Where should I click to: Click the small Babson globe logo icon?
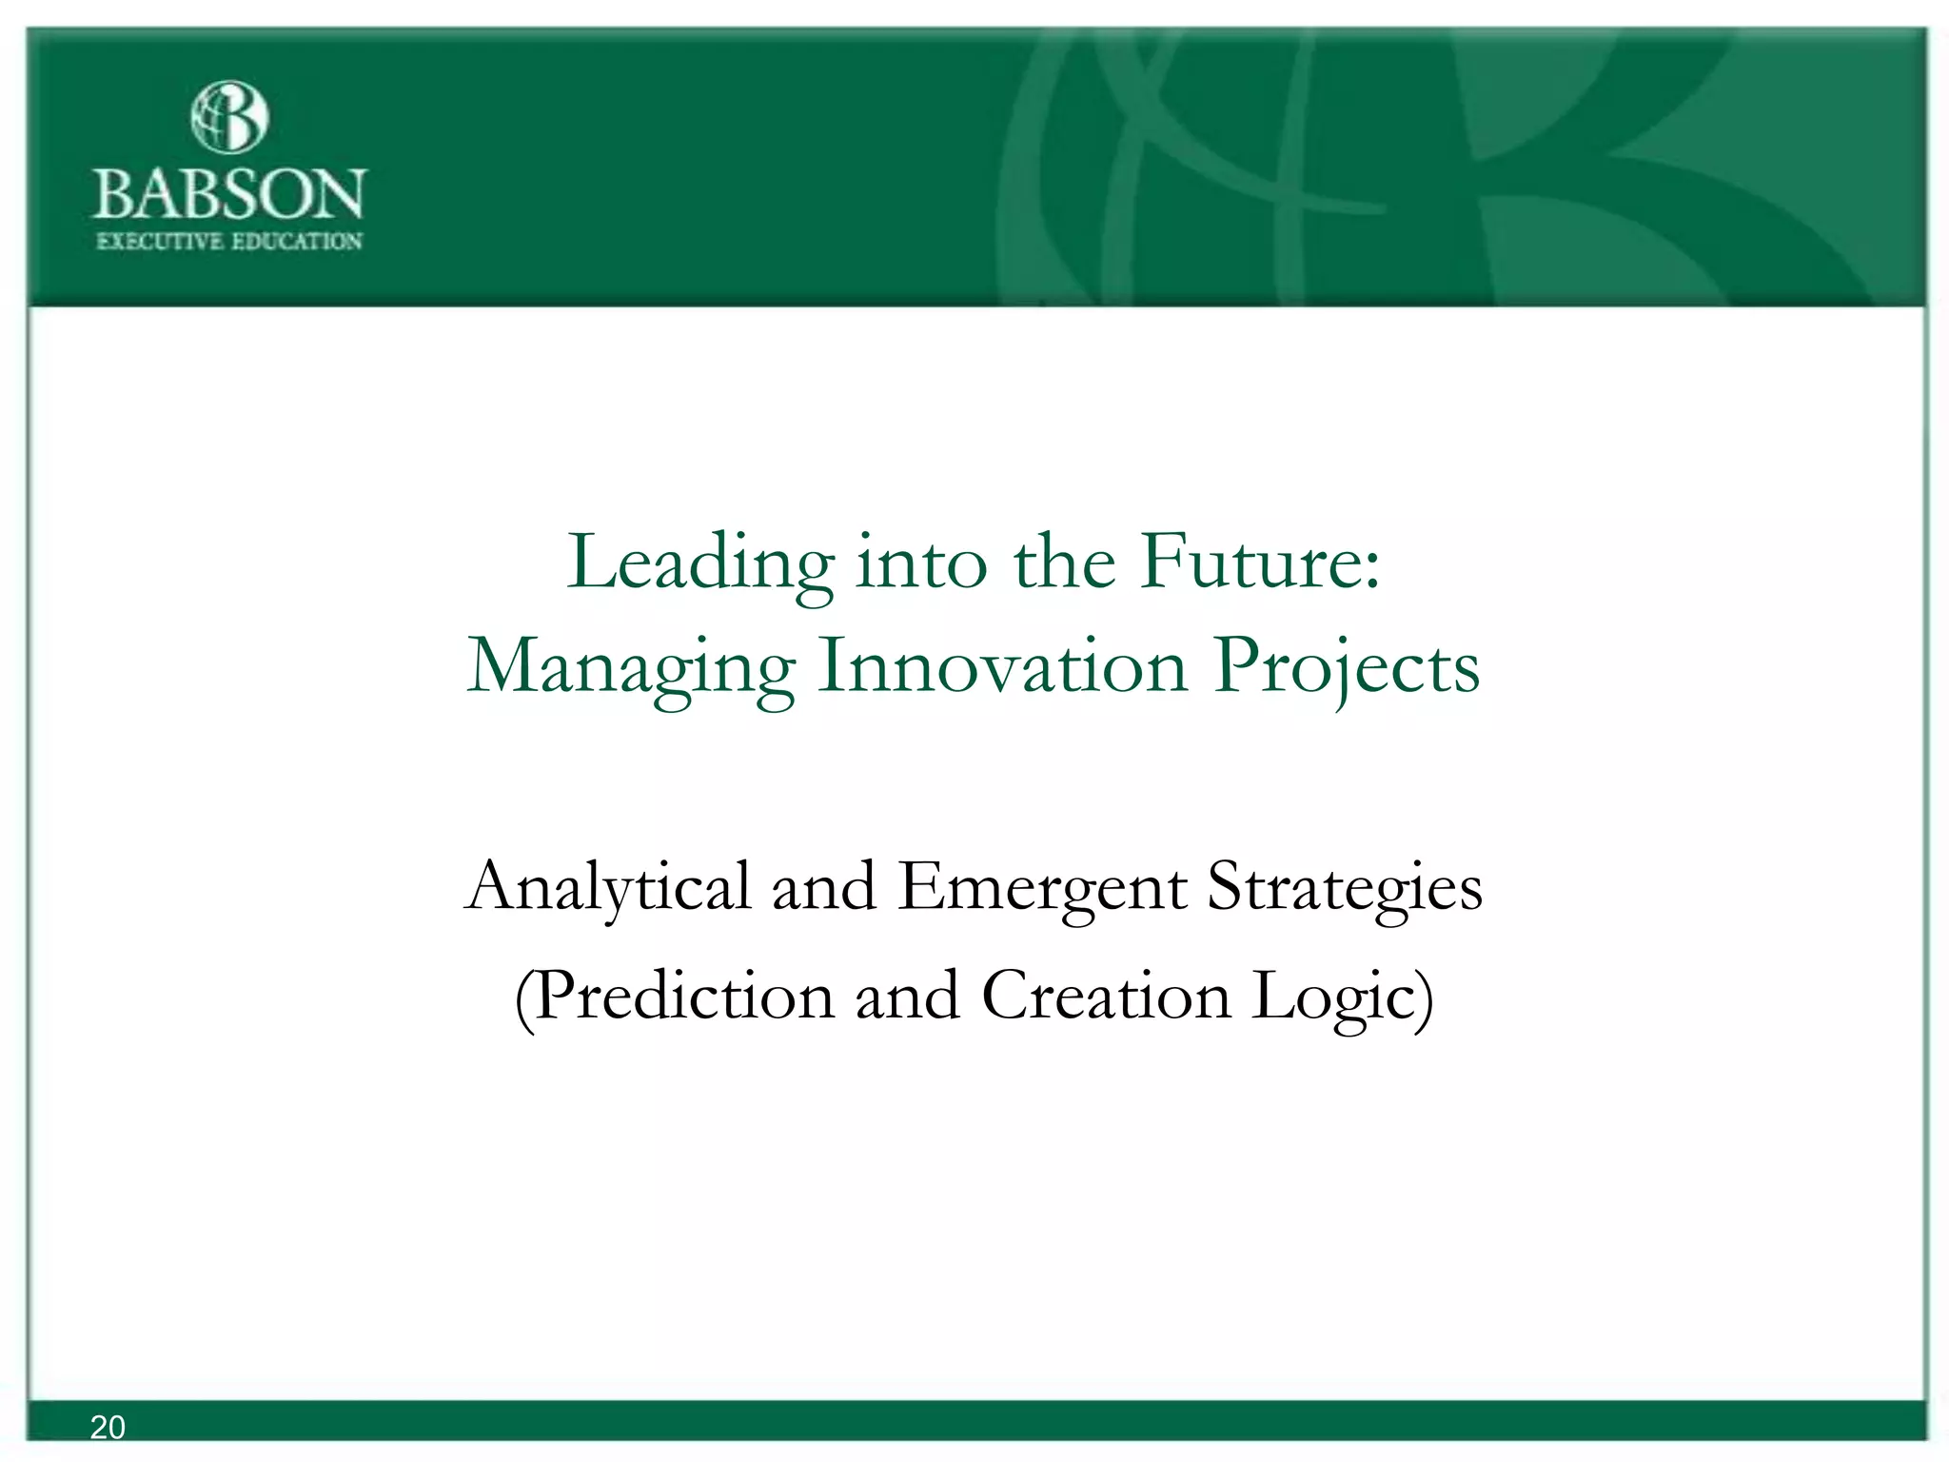tap(229, 117)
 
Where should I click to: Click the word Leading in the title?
tap(700, 563)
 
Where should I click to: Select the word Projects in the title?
tap(1348, 668)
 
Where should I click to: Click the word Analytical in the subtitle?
tap(608, 888)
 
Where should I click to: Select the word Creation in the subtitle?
tap(1106, 996)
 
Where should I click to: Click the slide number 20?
tap(108, 1427)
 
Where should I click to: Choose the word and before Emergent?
tap(823, 888)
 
